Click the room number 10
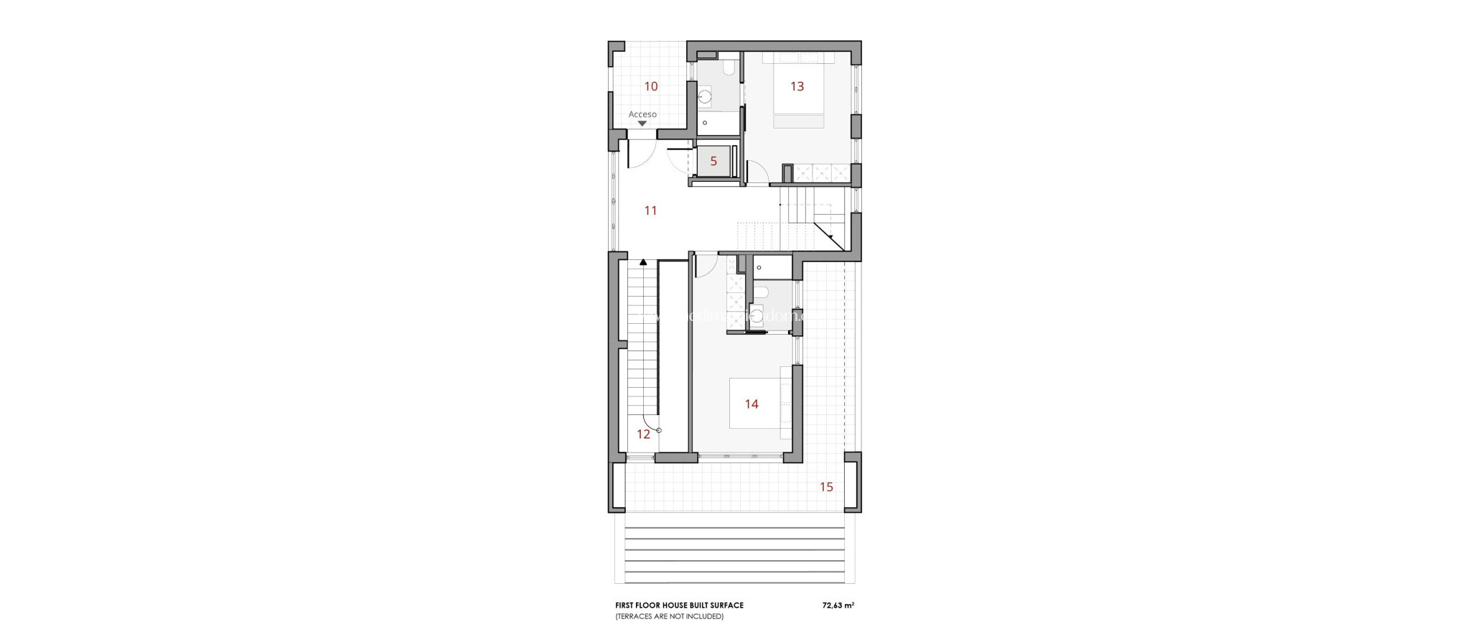(651, 87)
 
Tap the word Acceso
(642, 114)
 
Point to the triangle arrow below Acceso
(642, 124)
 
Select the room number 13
(797, 87)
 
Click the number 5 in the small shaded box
(713, 162)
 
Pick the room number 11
(650, 211)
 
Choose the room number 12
(643, 434)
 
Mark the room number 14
(752, 404)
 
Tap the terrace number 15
(826, 488)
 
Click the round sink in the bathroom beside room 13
(705, 96)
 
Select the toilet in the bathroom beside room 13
(729, 69)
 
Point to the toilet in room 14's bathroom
(761, 292)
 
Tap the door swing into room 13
(757, 172)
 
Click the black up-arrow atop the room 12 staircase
(643, 263)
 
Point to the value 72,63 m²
(838, 605)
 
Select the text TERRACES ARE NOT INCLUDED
(669, 616)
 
